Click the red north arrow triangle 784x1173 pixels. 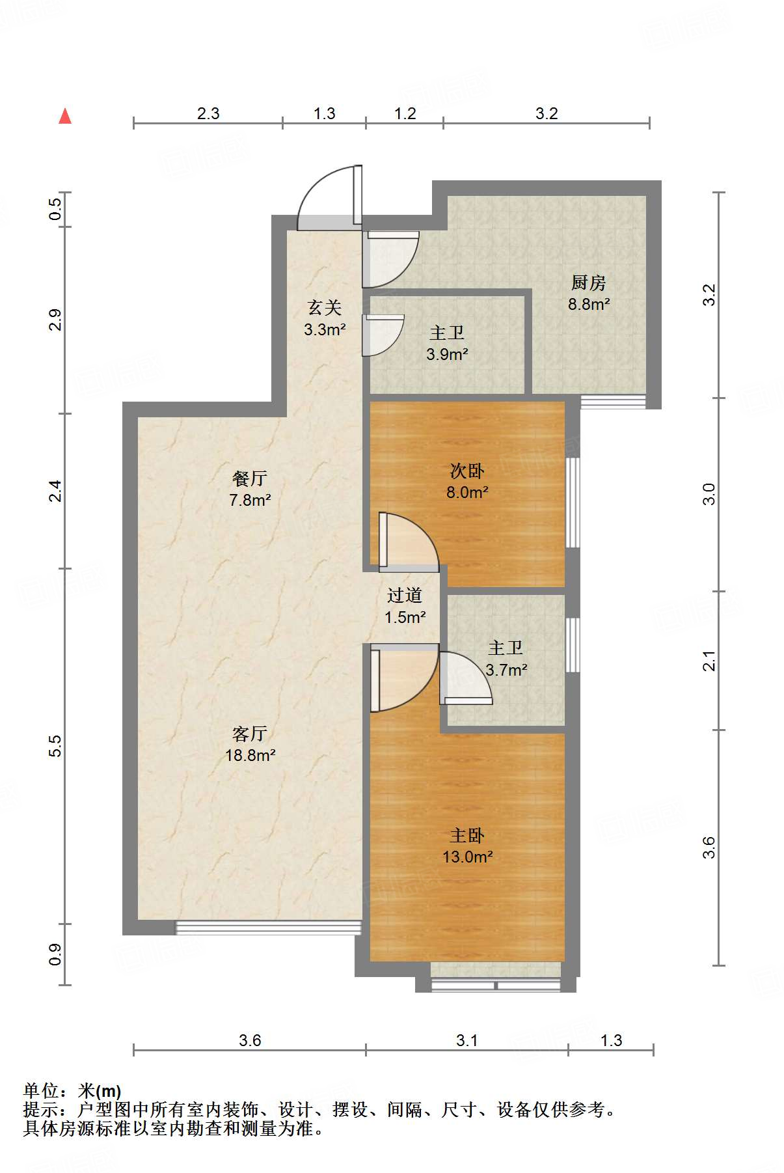pos(65,116)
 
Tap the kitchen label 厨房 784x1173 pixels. pos(588,283)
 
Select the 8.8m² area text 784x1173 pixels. pos(589,304)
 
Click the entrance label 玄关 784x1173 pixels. pos(325,307)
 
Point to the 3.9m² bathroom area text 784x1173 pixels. pos(447,354)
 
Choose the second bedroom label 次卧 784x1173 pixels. pos(467,471)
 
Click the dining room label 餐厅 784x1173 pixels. pos(250,478)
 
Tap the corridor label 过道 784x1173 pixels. pos(405,595)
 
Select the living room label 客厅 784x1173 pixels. pos(250,734)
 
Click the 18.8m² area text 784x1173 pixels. pos(250,755)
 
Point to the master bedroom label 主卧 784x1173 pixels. pos(467,835)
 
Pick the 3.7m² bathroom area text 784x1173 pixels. pos(506,669)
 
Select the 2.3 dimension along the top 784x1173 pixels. pos(208,113)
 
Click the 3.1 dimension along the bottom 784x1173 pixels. pos(466,1040)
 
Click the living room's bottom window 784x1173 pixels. pos(268,928)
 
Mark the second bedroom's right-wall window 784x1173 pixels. pos(573,503)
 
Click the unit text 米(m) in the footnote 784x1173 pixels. pos(99,1091)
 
